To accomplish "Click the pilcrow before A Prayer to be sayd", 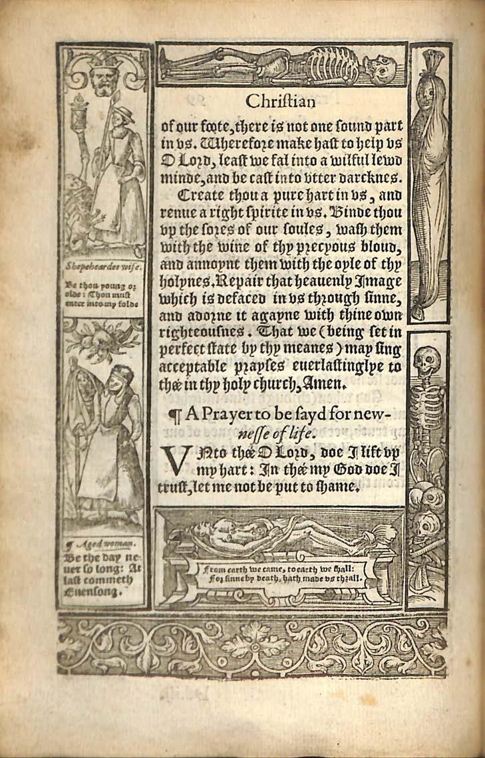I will click(x=176, y=416).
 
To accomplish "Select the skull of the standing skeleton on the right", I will click(x=426, y=362).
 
